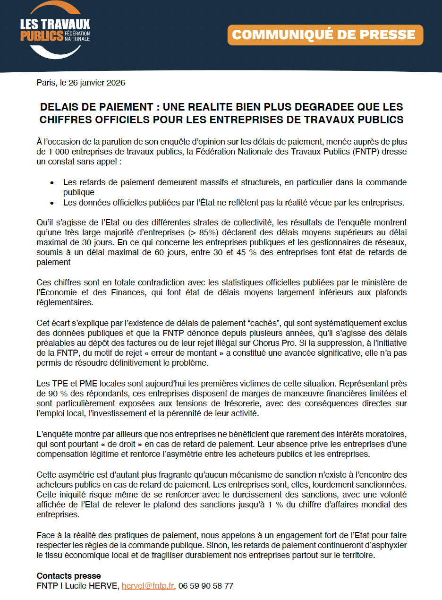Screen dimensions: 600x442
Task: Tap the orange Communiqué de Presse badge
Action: [x=325, y=35]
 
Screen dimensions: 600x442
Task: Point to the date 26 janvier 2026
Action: [x=97, y=83]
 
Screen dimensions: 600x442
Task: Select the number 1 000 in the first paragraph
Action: [x=57, y=152]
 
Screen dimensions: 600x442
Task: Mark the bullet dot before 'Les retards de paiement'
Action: [x=52, y=183]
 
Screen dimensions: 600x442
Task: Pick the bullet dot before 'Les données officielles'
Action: [x=52, y=203]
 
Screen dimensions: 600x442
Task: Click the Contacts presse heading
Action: [x=68, y=576]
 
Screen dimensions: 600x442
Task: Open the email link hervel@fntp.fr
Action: [x=148, y=586]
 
